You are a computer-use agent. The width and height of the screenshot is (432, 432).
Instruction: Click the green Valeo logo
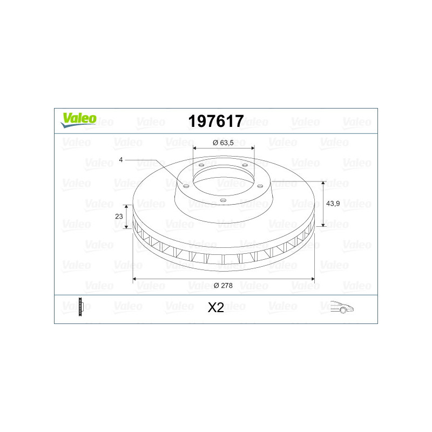click(78, 120)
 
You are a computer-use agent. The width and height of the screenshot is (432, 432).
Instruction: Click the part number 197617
click(215, 121)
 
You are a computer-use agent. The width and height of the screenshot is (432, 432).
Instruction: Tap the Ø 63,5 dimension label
click(223, 143)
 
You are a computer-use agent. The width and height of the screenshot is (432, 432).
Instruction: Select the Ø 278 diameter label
click(223, 286)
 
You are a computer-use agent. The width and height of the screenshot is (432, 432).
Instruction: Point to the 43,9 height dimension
click(333, 204)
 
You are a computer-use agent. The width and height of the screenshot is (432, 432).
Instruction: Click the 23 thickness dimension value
click(119, 217)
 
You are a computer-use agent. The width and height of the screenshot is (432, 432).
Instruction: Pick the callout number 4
click(120, 160)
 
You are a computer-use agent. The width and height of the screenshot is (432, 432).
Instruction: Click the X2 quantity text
click(215, 307)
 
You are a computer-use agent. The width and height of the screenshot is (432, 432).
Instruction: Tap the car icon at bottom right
click(342, 307)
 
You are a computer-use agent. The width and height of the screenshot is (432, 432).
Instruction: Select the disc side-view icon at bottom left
click(80, 307)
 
